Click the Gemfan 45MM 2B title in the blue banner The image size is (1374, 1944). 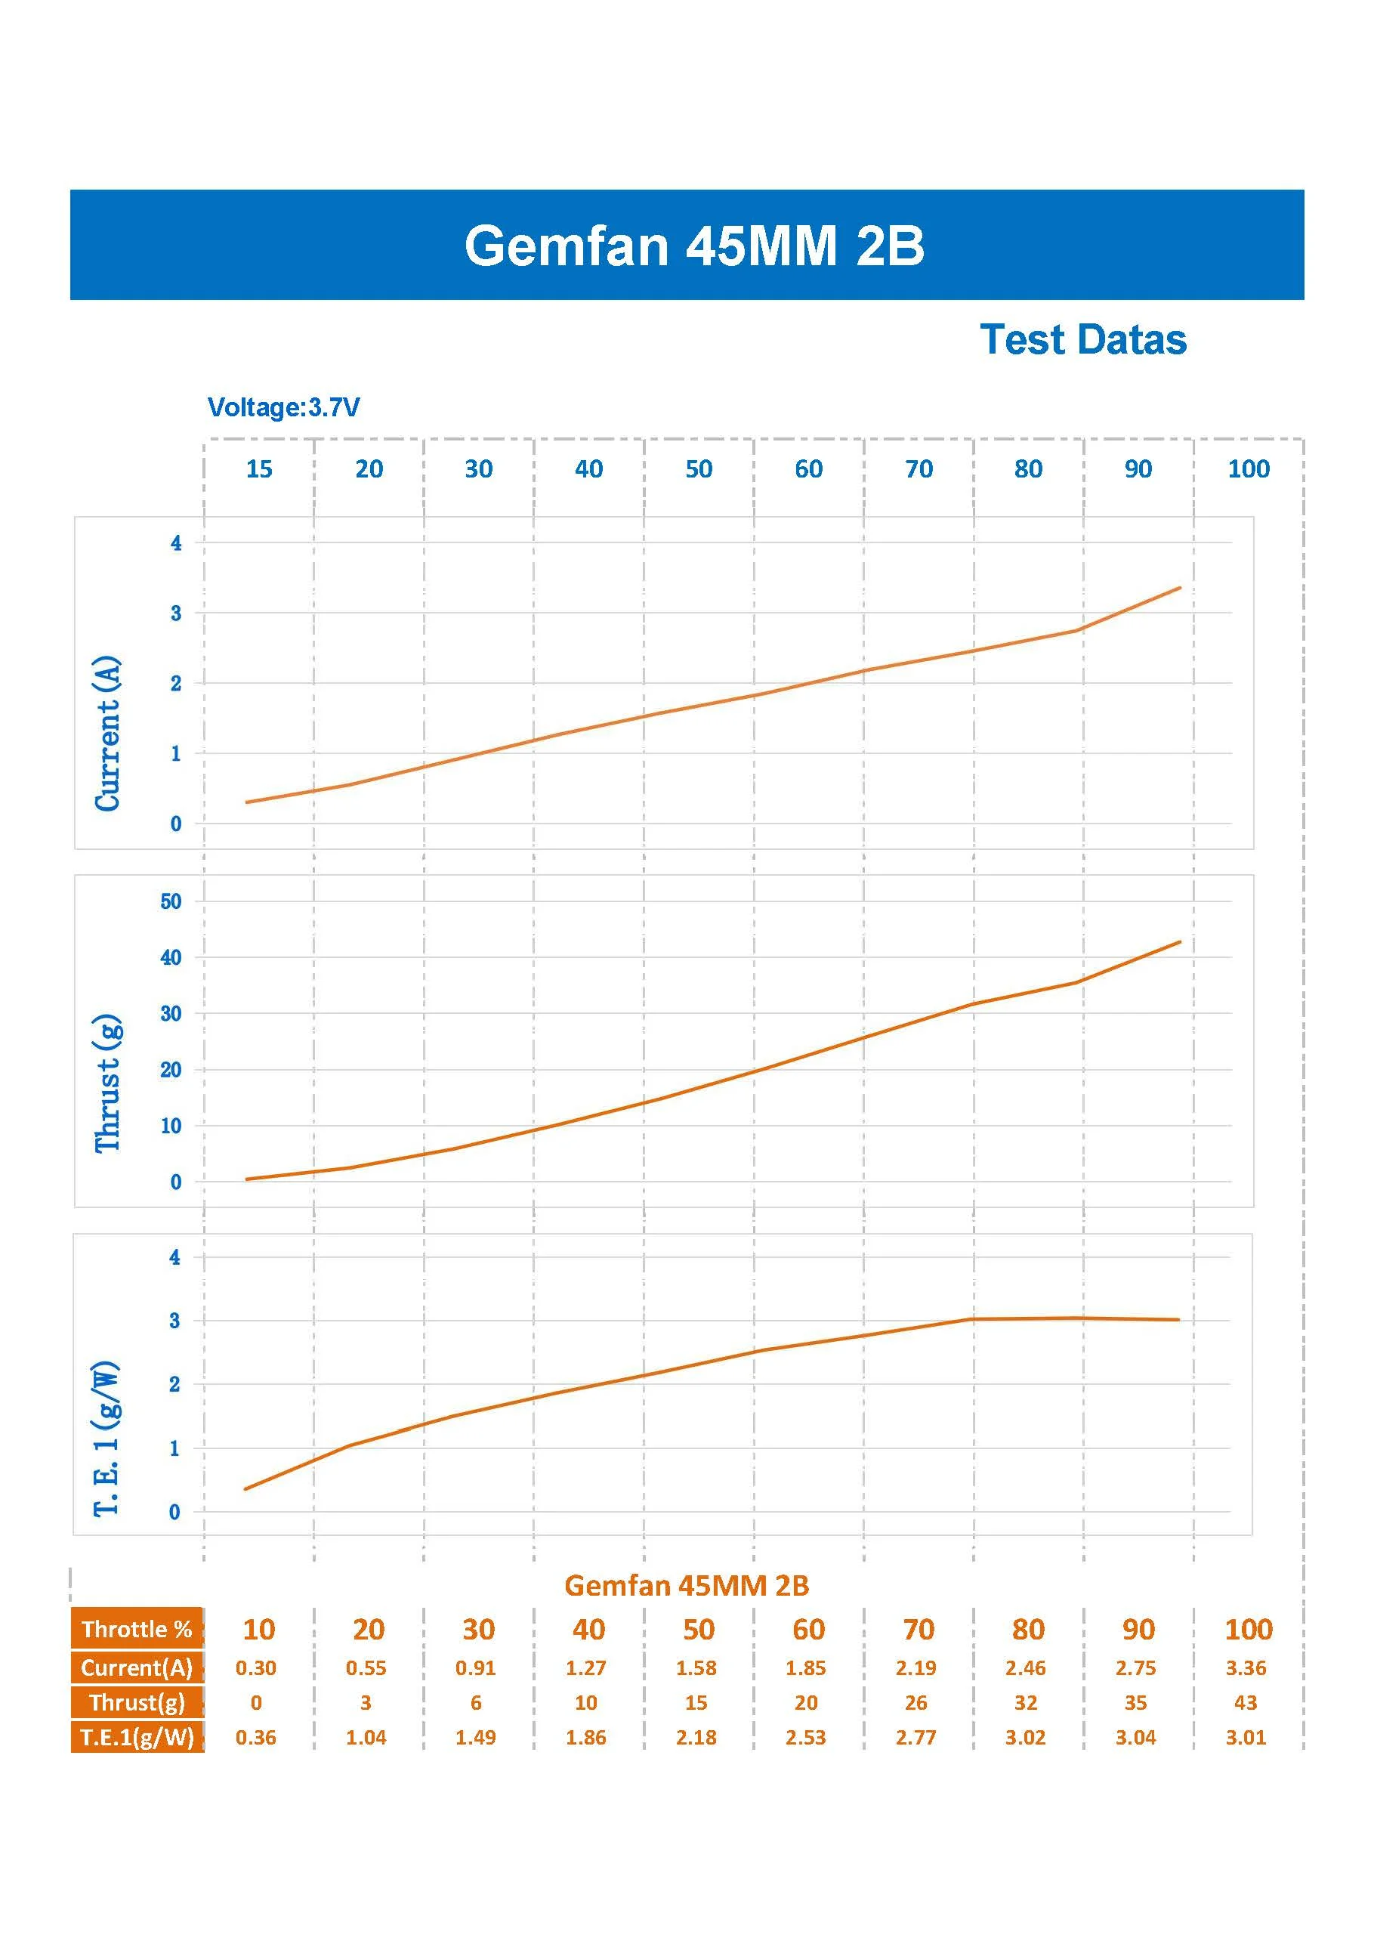pyautogui.click(x=693, y=246)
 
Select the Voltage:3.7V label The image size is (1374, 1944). pyautogui.click(x=283, y=407)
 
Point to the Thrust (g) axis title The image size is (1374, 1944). pyautogui.click(x=107, y=1083)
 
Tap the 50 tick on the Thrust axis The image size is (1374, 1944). pyautogui.click(x=171, y=901)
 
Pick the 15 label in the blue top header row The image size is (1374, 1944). pyautogui.click(x=259, y=469)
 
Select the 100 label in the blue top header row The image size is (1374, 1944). pyautogui.click(x=1248, y=469)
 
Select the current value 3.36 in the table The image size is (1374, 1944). pyautogui.click(x=1246, y=1668)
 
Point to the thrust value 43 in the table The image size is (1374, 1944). pyautogui.click(x=1246, y=1703)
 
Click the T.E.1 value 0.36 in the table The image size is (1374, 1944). pyautogui.click(x=255, y=1738)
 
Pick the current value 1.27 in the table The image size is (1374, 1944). pyautogui.click(x=586, y=1668)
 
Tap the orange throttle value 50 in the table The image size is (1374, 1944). pyautogui.click(x=699, y=1629)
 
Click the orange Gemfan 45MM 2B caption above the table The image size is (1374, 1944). pyautogui.click(x=687, y=1585)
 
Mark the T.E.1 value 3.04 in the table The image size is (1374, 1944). pyautogui.click(x=1135, y=1738)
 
